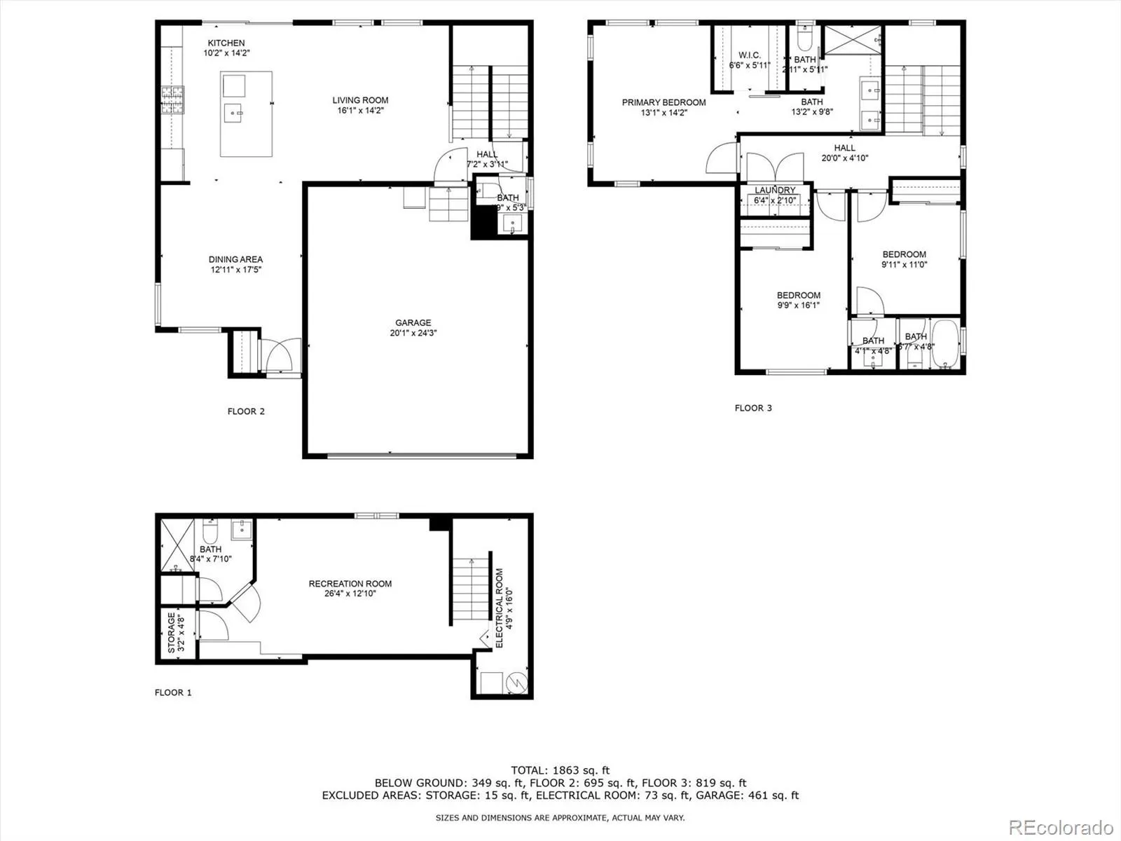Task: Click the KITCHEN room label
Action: [x=226, y=43]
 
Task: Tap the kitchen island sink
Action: [x=233, y=111]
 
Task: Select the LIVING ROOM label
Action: [x=360, y=100]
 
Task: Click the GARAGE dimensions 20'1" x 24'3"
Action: [x=413, y=333]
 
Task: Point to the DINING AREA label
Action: [x=235, y=259]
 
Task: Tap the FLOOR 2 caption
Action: [x=246, y=411]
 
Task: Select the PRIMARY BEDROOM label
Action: [x=663, y=102]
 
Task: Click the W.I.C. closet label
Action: [x=749, y=55]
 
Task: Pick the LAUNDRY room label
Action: [x=775, y=191]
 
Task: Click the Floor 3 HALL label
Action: [x=844, y=148]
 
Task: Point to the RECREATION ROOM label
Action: [x=350, y=584]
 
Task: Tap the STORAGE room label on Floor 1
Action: [x=171, y=634]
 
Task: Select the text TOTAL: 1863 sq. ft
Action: [x=560, y=770]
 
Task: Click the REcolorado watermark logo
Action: [x=1061, y=826]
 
